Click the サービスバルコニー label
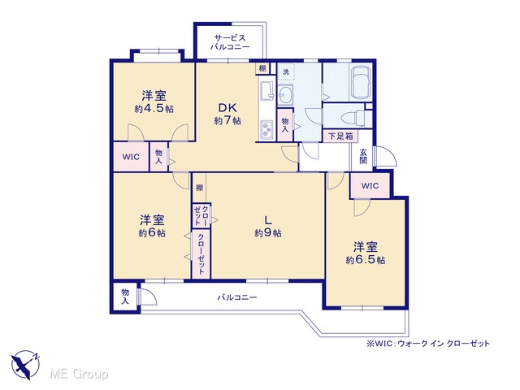[x=230, y=42]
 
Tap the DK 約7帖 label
[x=227, y=114]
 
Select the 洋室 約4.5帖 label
[x=154, y=102]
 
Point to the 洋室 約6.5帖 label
[x=366, y=253]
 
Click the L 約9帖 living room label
[x=268, y=226]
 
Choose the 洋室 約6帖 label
[x=152, y=226]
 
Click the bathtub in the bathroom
[x=361, y=82]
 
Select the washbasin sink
[x=284, y=95]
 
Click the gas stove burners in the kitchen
[x=266, y=129]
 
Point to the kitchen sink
[x=266, y=90]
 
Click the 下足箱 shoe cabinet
[x=340, y=136]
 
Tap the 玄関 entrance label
[x=363, y=156]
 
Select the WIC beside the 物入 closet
[x=131, y=157]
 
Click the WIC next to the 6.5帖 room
[x=370, y=186]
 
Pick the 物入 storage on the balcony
[x=125, y=297]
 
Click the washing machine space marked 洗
[x=285, y=71]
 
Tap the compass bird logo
[x=25, y=365]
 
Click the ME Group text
[x=79, y=375]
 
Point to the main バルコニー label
[x=237, y=297]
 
